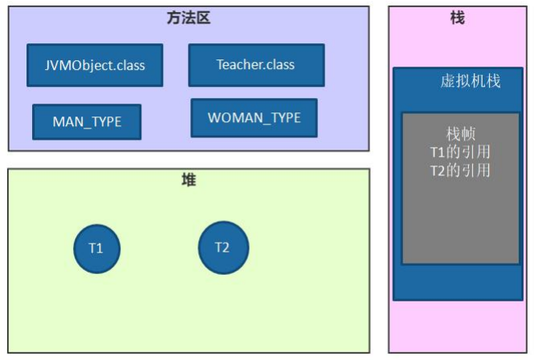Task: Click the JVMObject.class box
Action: pos(95,65)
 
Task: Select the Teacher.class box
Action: pos(256,65)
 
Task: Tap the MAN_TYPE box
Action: pos(87,122)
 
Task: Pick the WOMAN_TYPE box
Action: pos(254,118)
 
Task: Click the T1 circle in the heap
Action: pos(96,247)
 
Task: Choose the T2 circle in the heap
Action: pos(222,247)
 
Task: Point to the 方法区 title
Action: pos(190,18)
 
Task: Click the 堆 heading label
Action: pos(189,181)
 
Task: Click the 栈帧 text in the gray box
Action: pos(461,134)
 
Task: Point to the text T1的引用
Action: pos(460,152)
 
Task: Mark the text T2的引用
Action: pos(460,170)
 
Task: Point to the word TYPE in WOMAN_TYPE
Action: pos(283,118)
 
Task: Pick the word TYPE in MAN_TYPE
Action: pos(104,122)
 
